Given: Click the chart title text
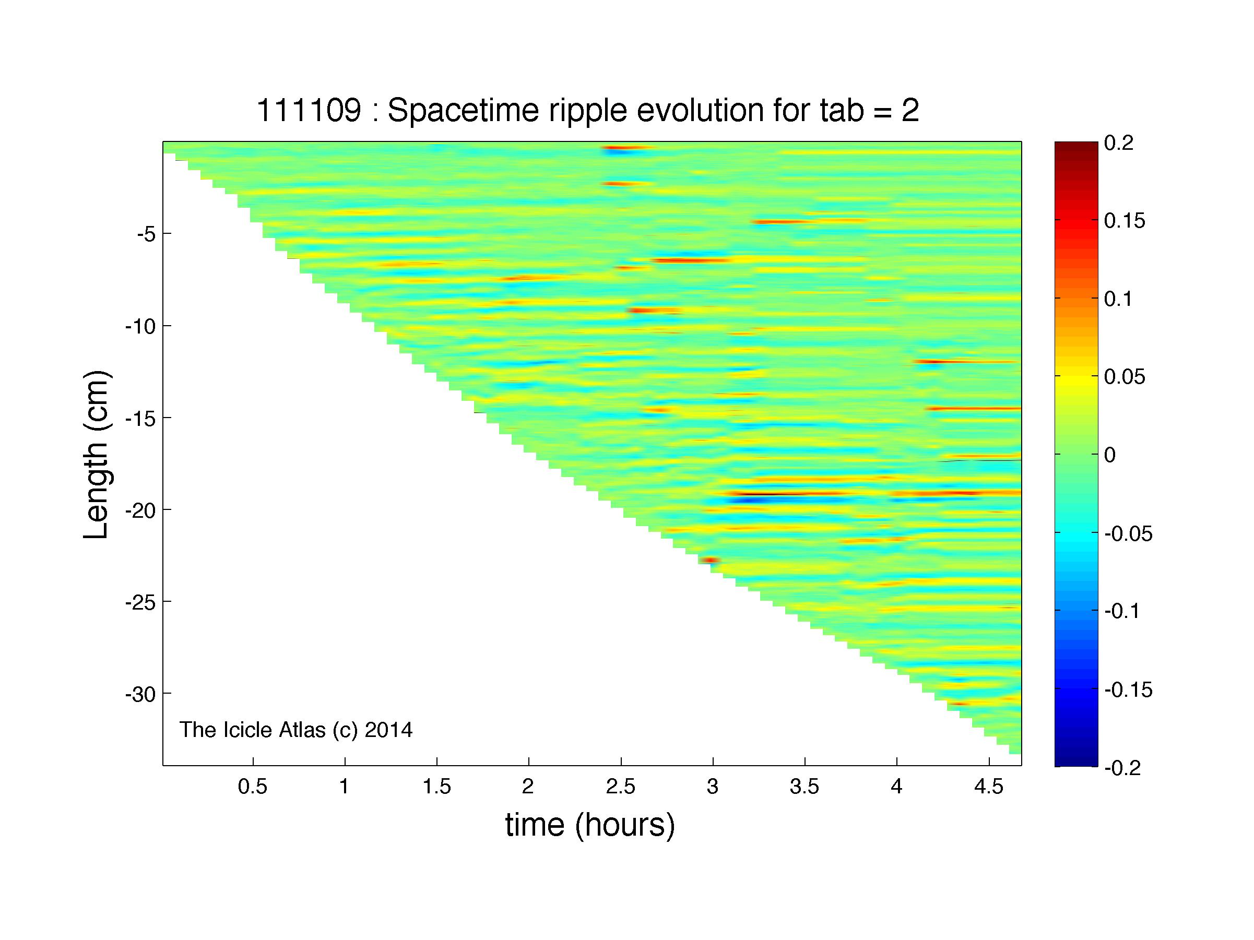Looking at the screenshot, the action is click(588, 111).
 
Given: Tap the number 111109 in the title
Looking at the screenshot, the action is click(309, 110).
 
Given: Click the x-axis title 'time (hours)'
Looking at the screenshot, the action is click(590, 825).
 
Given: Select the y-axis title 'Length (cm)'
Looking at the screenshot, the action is click(96, 455).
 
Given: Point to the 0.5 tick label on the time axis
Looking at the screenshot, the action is click(252, 788).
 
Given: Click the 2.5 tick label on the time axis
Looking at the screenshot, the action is click(621, 788).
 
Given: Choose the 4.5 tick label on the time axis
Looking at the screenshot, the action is click(989, 788).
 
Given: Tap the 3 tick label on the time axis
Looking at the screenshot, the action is click(713, 788).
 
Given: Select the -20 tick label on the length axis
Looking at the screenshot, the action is click(139, 510).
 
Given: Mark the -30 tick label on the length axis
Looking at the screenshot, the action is click(139, 694).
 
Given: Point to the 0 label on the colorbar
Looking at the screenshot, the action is click(1110, 455).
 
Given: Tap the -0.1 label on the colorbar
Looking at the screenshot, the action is click(1122, 611).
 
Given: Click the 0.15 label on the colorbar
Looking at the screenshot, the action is click(1125, 221).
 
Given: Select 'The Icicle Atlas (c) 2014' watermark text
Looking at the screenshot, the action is click(296, 730).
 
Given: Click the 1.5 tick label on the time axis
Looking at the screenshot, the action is click(436, 788).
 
